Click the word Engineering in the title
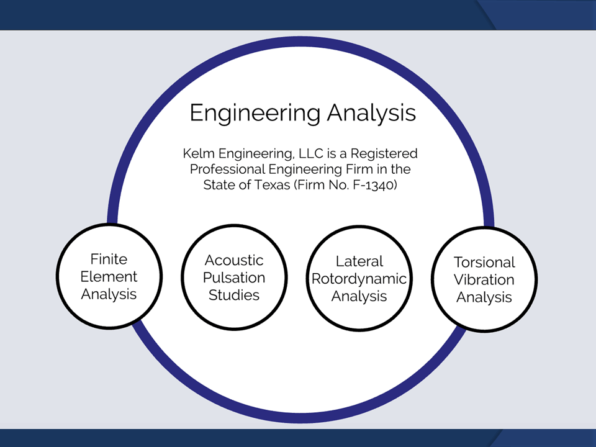[x=255, y=113]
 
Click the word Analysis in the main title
[x=372, y=113]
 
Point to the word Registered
[x=384, y=154]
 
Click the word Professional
[x=227, y=169]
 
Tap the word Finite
[x=109, y=260]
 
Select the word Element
[x=109, y=277]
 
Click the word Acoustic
[x=234, y=260]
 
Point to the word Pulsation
[x=234, y=278]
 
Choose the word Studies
[x=234, y=296]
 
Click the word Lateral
[x=359, y=261]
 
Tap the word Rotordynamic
[x=359, y=279]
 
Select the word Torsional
[x=484, y=263]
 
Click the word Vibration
[x=484, y=280]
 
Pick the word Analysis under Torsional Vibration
[x=484, y=297]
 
